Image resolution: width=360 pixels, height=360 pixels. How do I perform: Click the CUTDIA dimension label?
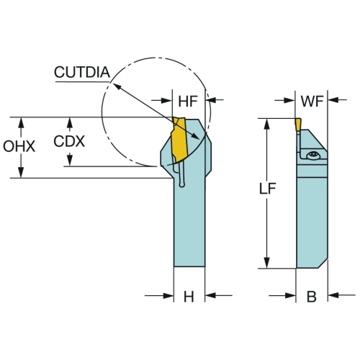click(82, 72)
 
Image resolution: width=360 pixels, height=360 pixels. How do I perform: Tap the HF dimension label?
click(188, 101)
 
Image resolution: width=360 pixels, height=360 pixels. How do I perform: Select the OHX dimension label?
click(19, 146)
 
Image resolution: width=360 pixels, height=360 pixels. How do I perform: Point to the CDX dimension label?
click(69, 141)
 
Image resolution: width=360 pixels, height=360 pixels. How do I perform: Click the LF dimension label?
click(268, 189)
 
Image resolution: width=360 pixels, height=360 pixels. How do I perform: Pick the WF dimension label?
click(312, 101)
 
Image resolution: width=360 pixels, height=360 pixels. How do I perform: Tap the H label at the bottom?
click(189, 297)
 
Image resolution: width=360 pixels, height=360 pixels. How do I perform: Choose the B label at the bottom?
click(312, 297)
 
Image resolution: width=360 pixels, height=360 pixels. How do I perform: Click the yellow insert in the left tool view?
click(179, 140)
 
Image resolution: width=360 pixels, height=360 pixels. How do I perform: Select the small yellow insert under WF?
click(298, 125)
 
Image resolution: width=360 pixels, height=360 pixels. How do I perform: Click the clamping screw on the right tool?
click(313, 156)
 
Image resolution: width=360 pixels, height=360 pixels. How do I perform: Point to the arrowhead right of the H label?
click(211, 295)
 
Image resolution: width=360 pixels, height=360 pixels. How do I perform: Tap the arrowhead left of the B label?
click(290, 295)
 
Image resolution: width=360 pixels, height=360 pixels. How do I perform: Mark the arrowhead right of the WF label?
click(334, 99)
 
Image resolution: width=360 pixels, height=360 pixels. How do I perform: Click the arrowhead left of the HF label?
click(166, 100)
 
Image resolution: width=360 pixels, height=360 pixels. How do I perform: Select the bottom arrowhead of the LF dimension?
click(266, 262)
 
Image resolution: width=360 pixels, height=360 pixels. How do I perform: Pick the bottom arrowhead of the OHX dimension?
click(21, 172)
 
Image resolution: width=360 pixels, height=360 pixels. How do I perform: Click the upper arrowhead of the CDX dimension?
click(70, 123)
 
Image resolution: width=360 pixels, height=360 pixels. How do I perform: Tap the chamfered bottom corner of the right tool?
click(323, 264)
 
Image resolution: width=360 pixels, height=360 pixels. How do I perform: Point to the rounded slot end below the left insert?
click(182, 184)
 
